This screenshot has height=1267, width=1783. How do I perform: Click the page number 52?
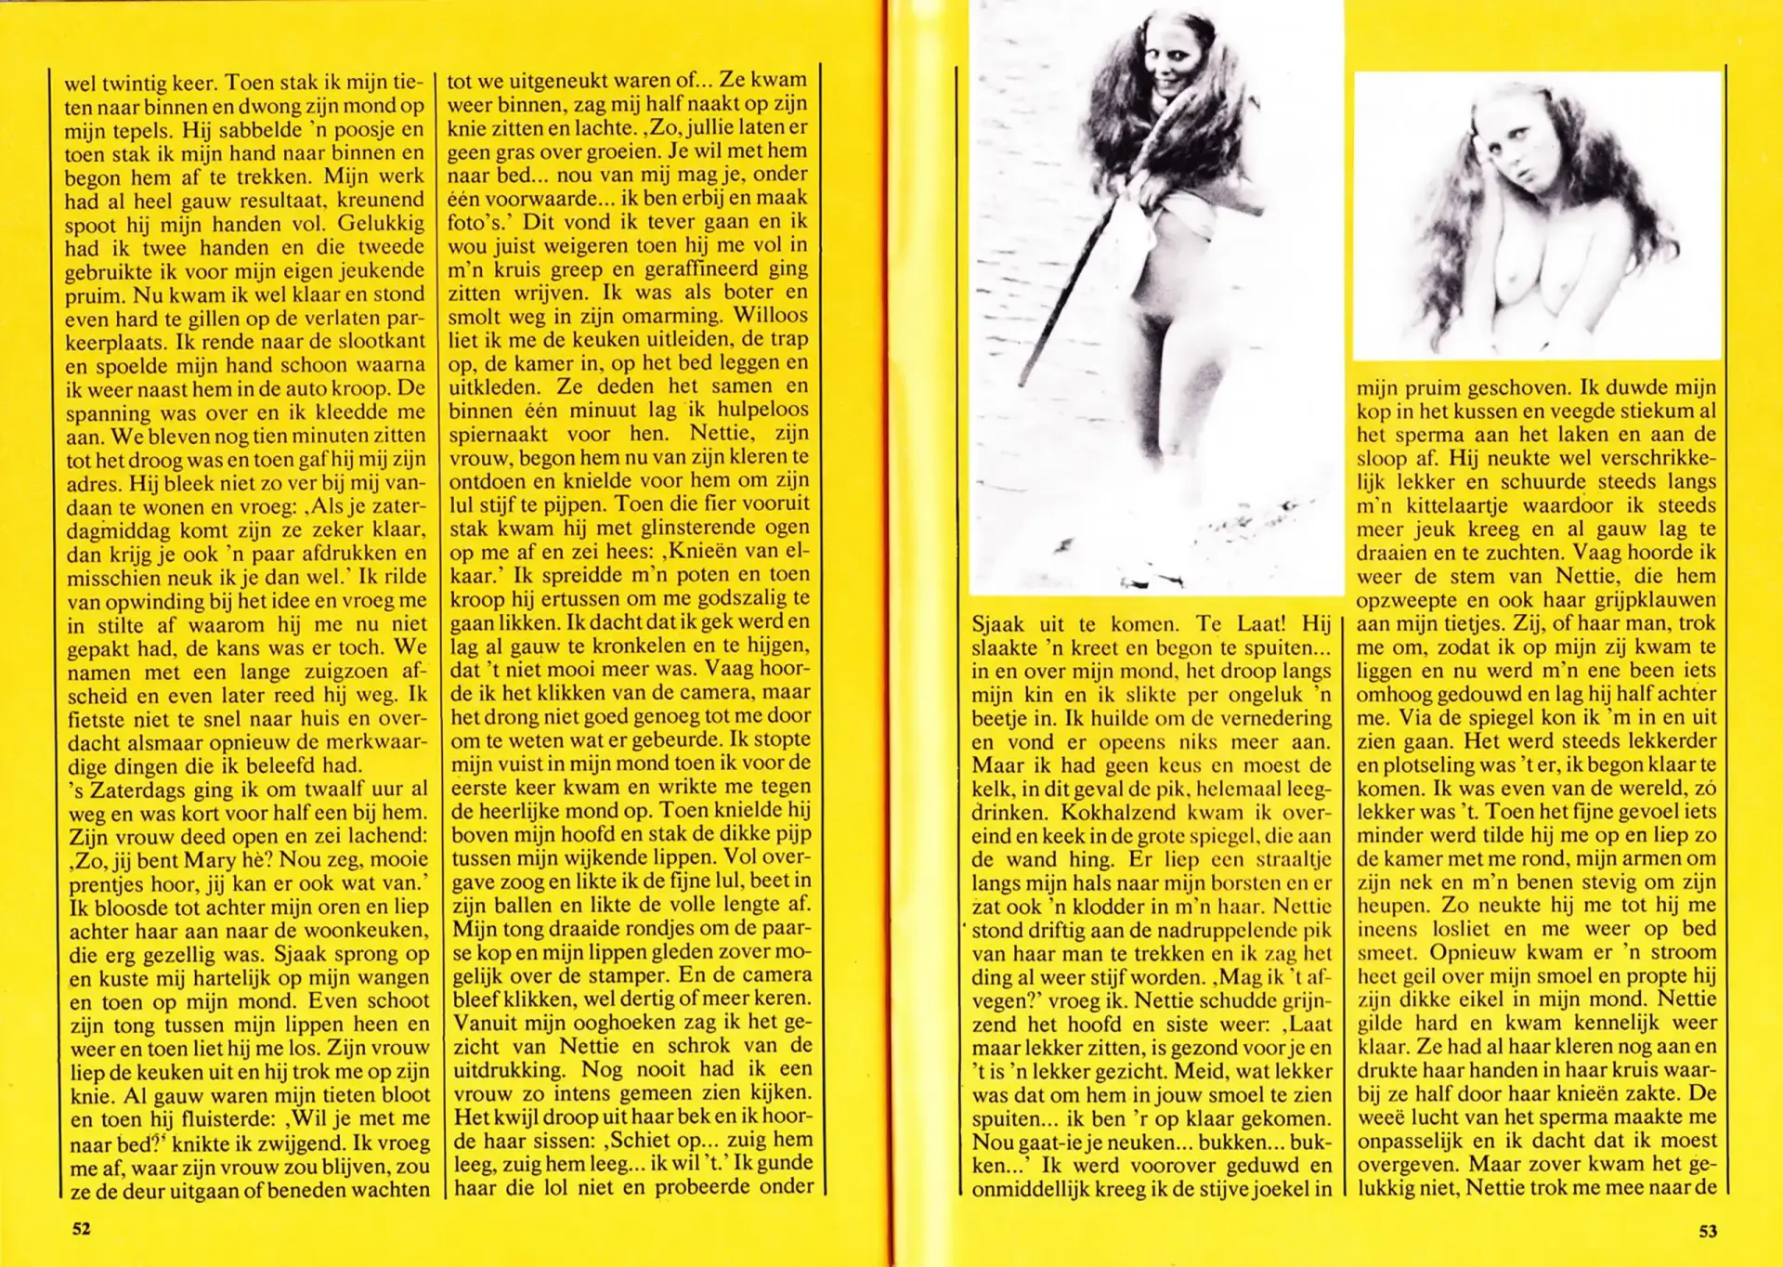[x=82, y=1228]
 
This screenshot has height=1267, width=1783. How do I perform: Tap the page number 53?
[x=1708, y=1231]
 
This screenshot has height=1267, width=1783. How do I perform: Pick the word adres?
[x=92, y=483]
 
